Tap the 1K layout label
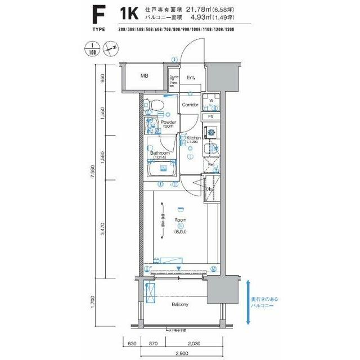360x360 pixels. click(129, 14)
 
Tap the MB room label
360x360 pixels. click(145, 76)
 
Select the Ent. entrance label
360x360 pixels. click(191, 78)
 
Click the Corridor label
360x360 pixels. click(190, 105)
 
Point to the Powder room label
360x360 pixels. click(168, 124)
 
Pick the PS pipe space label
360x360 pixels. click(211, 117)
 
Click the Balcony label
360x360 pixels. click(180, 304)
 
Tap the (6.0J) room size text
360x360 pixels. click(181, 230)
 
